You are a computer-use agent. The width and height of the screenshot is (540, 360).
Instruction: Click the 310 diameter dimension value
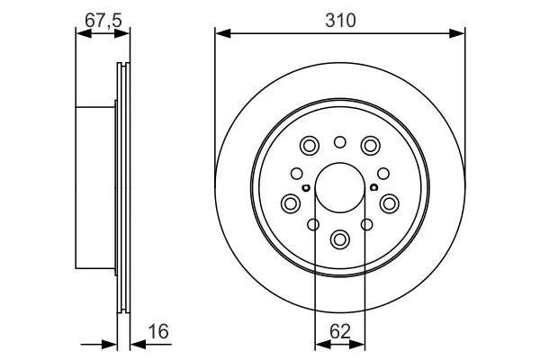(340, 21)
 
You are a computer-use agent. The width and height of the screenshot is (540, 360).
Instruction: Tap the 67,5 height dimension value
(103, 21)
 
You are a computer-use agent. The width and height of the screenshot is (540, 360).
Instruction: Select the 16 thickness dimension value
(158, 331)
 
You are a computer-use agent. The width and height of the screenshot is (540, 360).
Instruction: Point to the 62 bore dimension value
(340, 331)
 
